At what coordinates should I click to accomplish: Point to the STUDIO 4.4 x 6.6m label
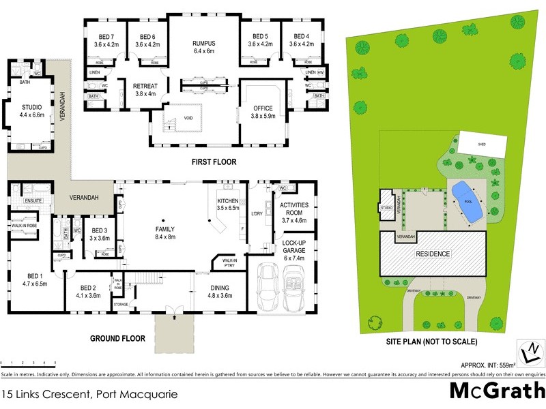tap(32, 111)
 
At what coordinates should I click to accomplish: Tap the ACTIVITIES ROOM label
tap(295, 209)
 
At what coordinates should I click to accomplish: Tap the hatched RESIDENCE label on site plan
tap(434, 254)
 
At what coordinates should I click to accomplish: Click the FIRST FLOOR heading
tap(214, 162)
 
